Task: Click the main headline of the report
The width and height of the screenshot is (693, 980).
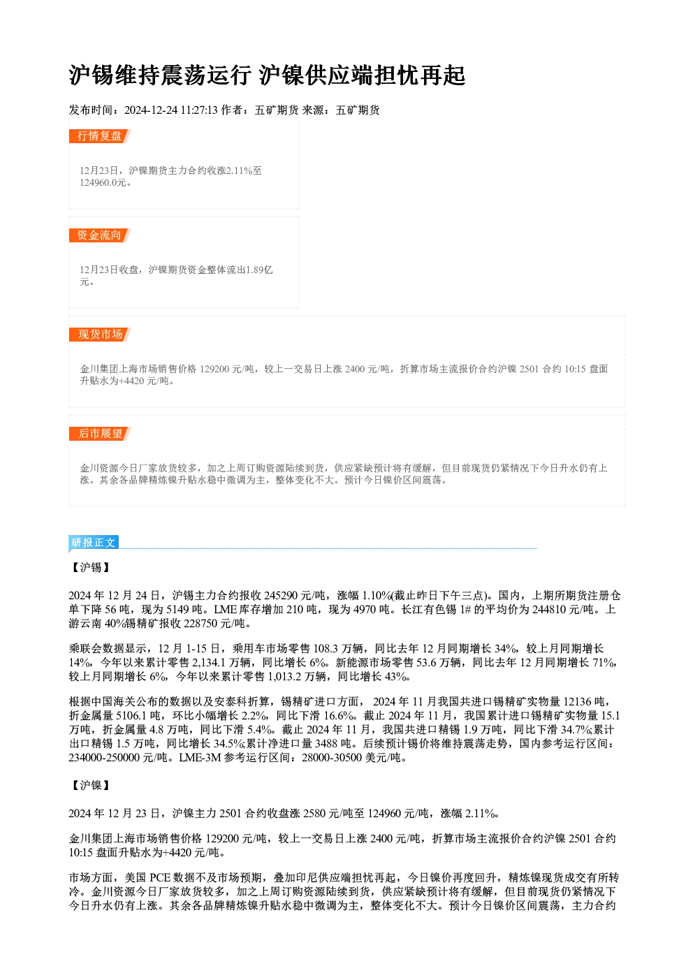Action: tap(267, 75)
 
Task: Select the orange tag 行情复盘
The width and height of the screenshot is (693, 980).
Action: tap(99, 136)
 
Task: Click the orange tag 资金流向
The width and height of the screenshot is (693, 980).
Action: tap(99, 235)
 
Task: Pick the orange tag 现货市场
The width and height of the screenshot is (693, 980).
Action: tap(100, 335)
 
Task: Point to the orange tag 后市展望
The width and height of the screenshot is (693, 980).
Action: tap(100, 434)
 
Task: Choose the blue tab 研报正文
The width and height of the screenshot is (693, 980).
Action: tap(94, 543)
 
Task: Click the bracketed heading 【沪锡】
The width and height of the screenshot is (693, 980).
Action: tap(91, 568)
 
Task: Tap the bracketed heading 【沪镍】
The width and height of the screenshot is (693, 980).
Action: tap(91, 786)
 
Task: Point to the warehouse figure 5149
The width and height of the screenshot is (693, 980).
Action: tap(177, 609)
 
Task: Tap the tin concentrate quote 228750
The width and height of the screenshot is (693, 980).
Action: tap(200, 624)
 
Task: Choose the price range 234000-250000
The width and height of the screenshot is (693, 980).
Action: tap(104, 758)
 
